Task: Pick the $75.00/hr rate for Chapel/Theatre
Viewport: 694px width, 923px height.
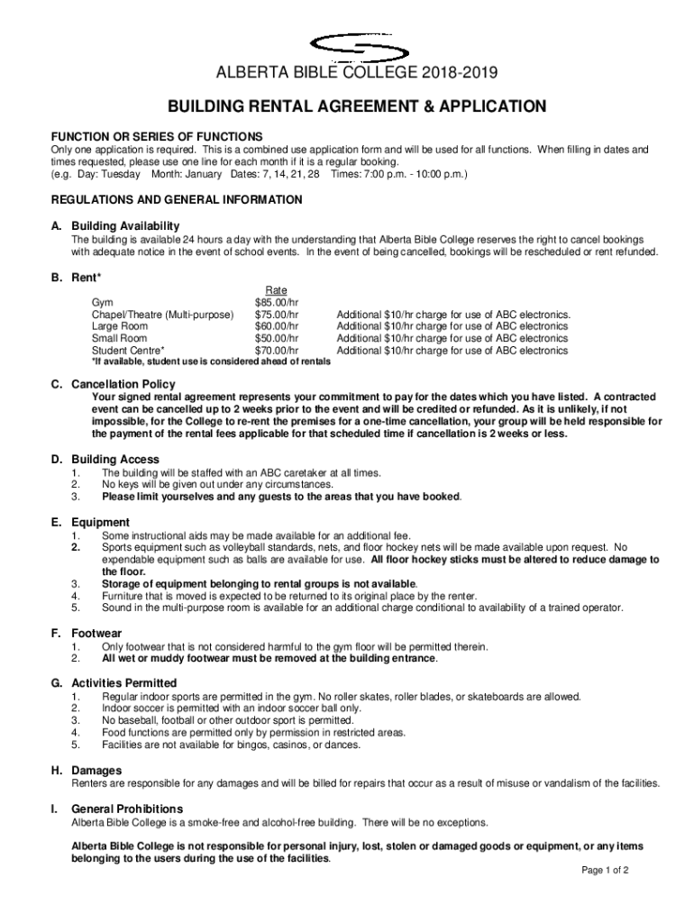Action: tap(278, 315)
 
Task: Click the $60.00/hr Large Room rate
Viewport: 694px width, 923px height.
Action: tap(278, 326)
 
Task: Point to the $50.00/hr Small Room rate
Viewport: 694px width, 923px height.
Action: tap(278, 338)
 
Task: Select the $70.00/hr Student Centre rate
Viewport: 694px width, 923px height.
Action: tap(278, 350)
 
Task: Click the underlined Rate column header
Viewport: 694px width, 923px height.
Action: tap(278, 290)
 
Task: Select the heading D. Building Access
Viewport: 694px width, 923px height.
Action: tap(105, 459)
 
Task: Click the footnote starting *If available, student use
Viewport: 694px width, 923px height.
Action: tap(211, 361)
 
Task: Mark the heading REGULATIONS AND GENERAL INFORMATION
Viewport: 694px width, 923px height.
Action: tap(177, 198)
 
